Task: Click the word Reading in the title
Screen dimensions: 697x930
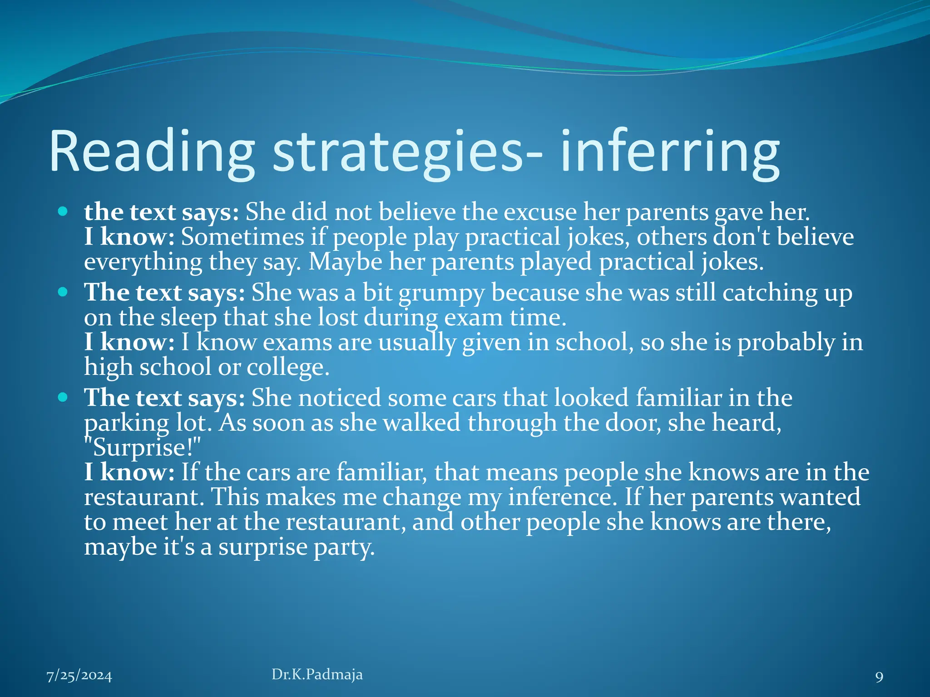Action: [x=152, y=152]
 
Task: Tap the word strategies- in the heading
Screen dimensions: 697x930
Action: [x=407, y=152]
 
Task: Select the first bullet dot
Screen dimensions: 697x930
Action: [x=63, y=211]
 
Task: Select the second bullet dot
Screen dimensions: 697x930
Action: [x=63, y=292]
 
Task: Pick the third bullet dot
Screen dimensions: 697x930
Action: [x=63, y=398]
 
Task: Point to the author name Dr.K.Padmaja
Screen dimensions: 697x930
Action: [x=317, y=674]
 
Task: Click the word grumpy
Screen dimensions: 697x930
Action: [x=442, y=293]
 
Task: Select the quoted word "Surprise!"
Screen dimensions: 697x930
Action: [x=142, y=447]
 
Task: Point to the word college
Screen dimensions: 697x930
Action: [x=287, y=367]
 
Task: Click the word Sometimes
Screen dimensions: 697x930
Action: [x=242, y=237]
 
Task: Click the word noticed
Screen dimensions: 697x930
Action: [x=340, y=398]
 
